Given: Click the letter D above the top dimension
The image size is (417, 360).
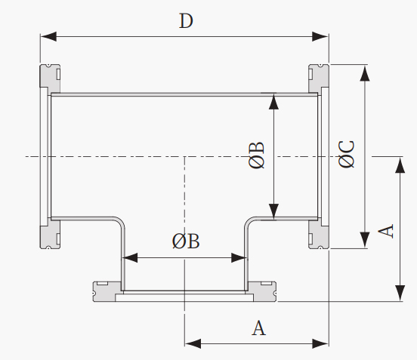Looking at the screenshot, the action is (186, 20).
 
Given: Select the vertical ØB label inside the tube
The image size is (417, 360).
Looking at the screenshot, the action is (257, 155).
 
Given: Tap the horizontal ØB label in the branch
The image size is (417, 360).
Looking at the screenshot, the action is (186, 242).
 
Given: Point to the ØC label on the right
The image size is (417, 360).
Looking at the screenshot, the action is (347, 155).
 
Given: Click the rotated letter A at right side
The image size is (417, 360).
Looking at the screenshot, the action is (386, 231).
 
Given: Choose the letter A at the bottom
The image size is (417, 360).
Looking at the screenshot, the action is (258, 328).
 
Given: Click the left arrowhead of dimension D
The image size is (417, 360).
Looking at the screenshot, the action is (48, 36).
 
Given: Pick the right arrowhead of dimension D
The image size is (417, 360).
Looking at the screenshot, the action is (320, 36).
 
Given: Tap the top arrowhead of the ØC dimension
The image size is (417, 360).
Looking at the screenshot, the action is (365, 72).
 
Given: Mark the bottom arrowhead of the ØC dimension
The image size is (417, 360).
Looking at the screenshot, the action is (365, 240).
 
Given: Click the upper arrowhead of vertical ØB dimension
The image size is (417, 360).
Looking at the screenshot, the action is (273, 101).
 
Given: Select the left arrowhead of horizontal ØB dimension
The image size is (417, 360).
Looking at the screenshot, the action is (129, 257).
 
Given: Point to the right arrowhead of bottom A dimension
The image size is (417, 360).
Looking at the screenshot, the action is (321, 343).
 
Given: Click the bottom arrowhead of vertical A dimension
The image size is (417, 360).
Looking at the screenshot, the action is (400, 294).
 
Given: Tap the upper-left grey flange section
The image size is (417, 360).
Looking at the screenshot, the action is (51, 76).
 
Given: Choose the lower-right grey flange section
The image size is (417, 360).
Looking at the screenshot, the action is (319, 235).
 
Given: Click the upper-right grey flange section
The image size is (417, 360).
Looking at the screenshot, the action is (319, 78).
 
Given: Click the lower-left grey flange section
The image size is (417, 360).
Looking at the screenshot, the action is (51, 236).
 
